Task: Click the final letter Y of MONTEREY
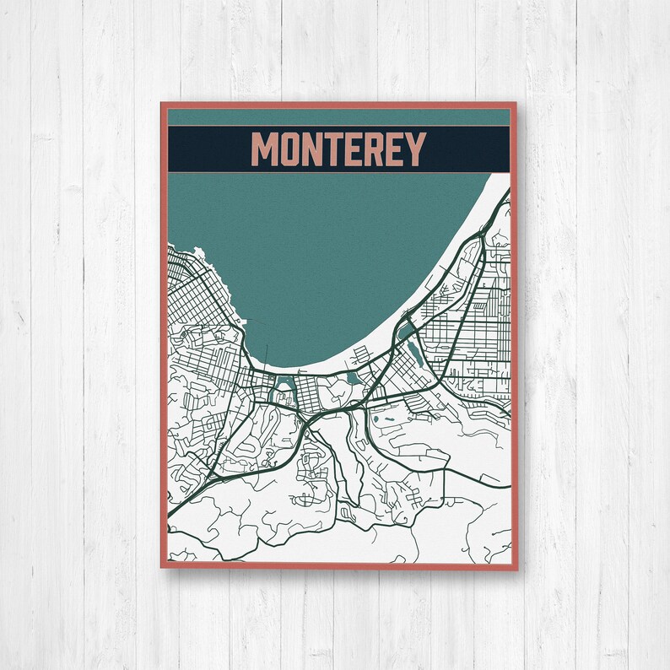414,150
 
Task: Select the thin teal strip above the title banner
338,116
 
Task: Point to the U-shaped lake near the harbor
281,390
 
